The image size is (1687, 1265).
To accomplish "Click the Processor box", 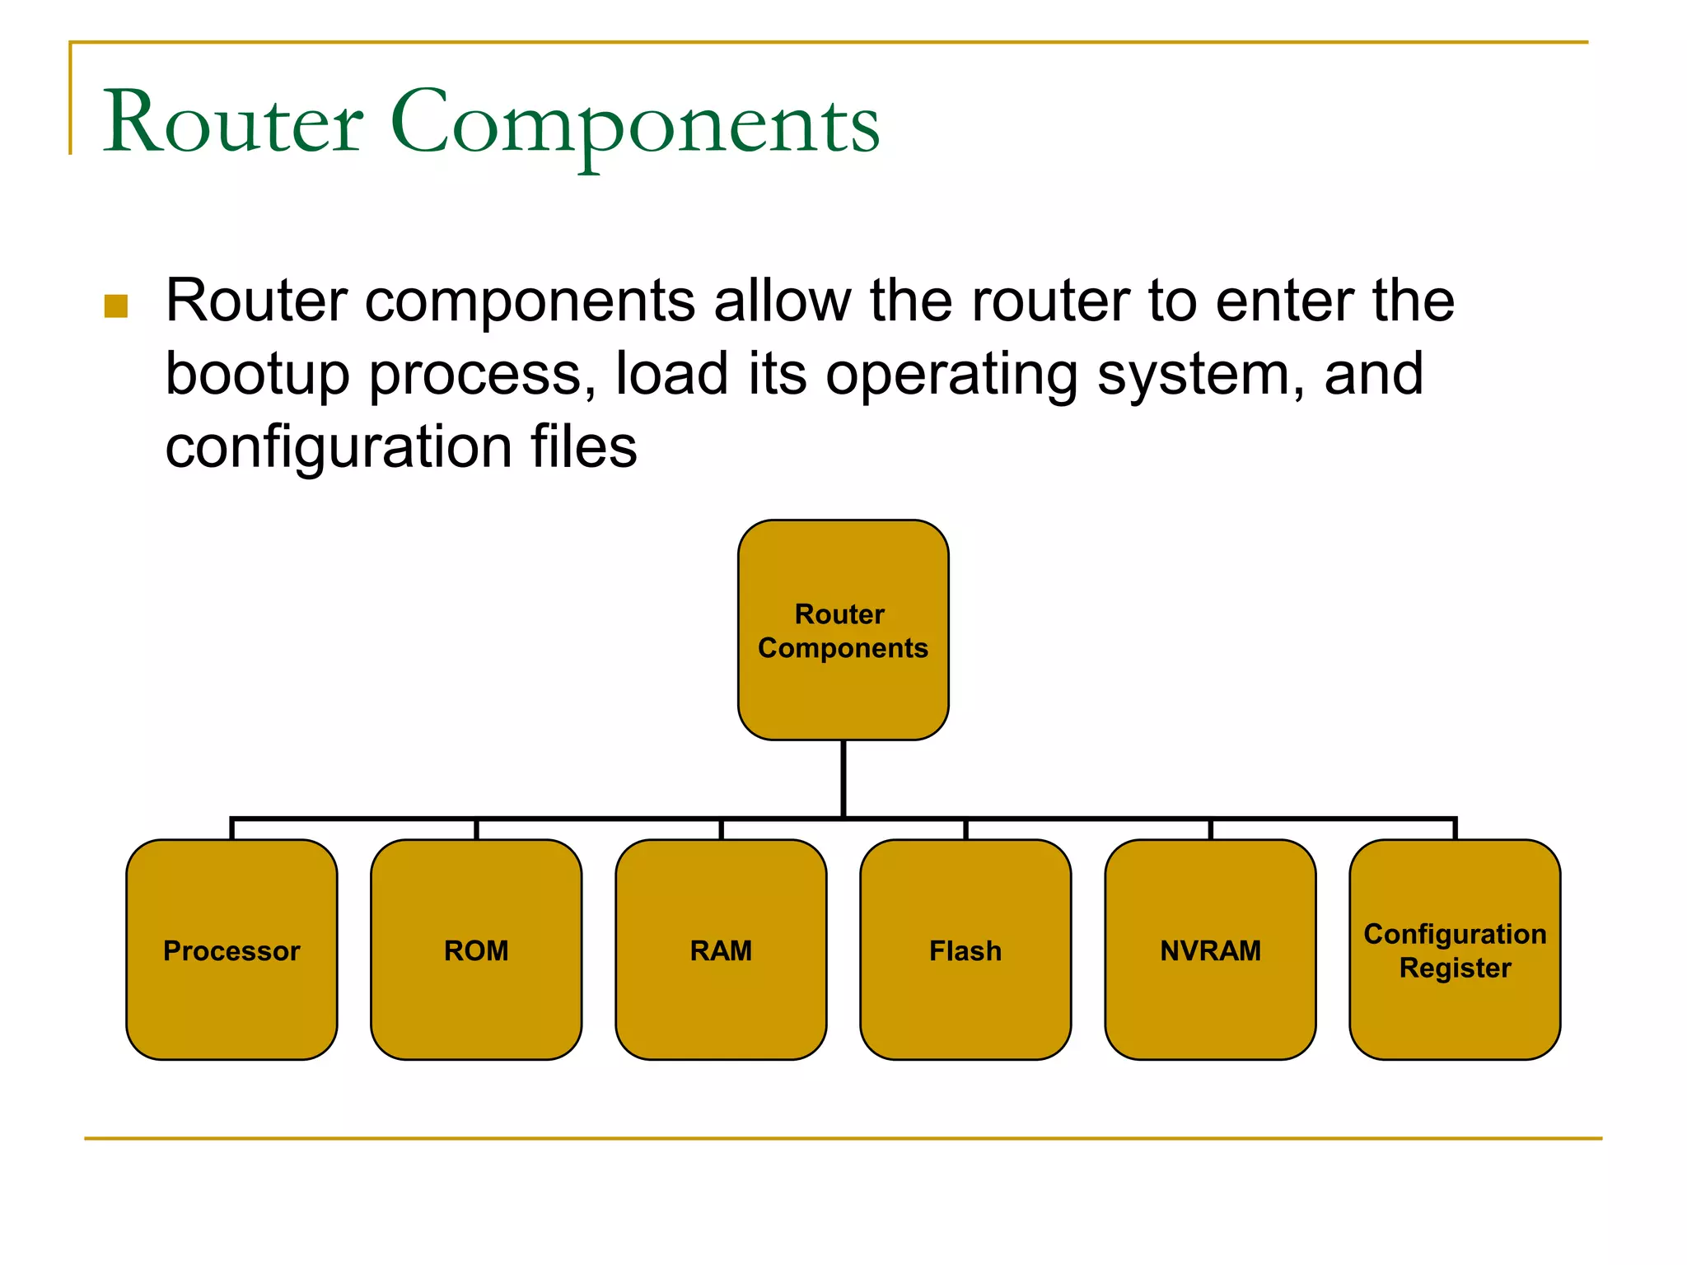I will [x=231, y=950].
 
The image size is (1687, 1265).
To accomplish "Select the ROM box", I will [x=476, y=950].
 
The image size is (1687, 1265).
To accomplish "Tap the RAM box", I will [x=721, y=950].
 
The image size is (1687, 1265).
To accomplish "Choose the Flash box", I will [x=965, y=950].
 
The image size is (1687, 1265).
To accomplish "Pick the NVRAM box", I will [x=1210, y=950].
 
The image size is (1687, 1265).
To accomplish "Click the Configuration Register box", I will [x=1455, y=950].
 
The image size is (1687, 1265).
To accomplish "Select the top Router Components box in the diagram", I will [x=843, y=630].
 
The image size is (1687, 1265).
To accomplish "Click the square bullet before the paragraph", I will [x=116, y=306].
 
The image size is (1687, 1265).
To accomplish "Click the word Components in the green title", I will [x=634, y=124].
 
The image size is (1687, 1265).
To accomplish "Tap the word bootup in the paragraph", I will [x=257, y=376].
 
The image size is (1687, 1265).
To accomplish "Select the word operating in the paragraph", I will [x=951, y=376].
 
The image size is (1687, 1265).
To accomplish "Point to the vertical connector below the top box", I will [x=843, y=778].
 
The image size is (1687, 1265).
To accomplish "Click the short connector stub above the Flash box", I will [x=965, y=829].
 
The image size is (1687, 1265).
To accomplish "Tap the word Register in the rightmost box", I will [x=1455, y=968].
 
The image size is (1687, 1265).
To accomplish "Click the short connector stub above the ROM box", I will [x=476, y=829].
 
